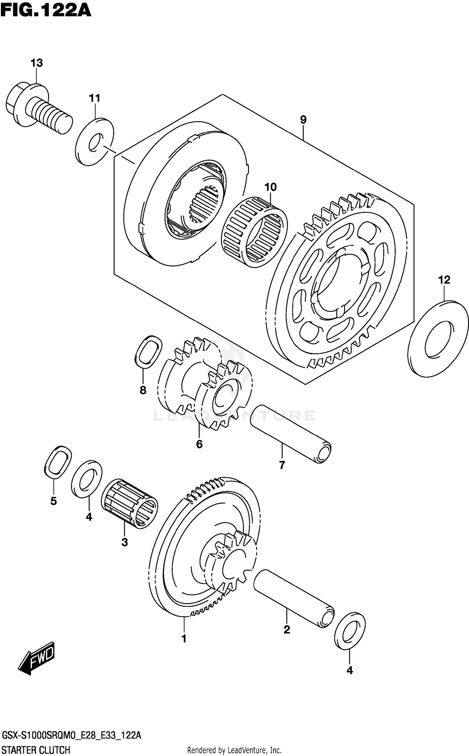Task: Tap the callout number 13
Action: click(x=37, y=63)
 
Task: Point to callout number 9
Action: click(x=303, y=120)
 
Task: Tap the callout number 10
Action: click(x=270, y=187)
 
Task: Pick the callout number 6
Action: click(x=199, y=444)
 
